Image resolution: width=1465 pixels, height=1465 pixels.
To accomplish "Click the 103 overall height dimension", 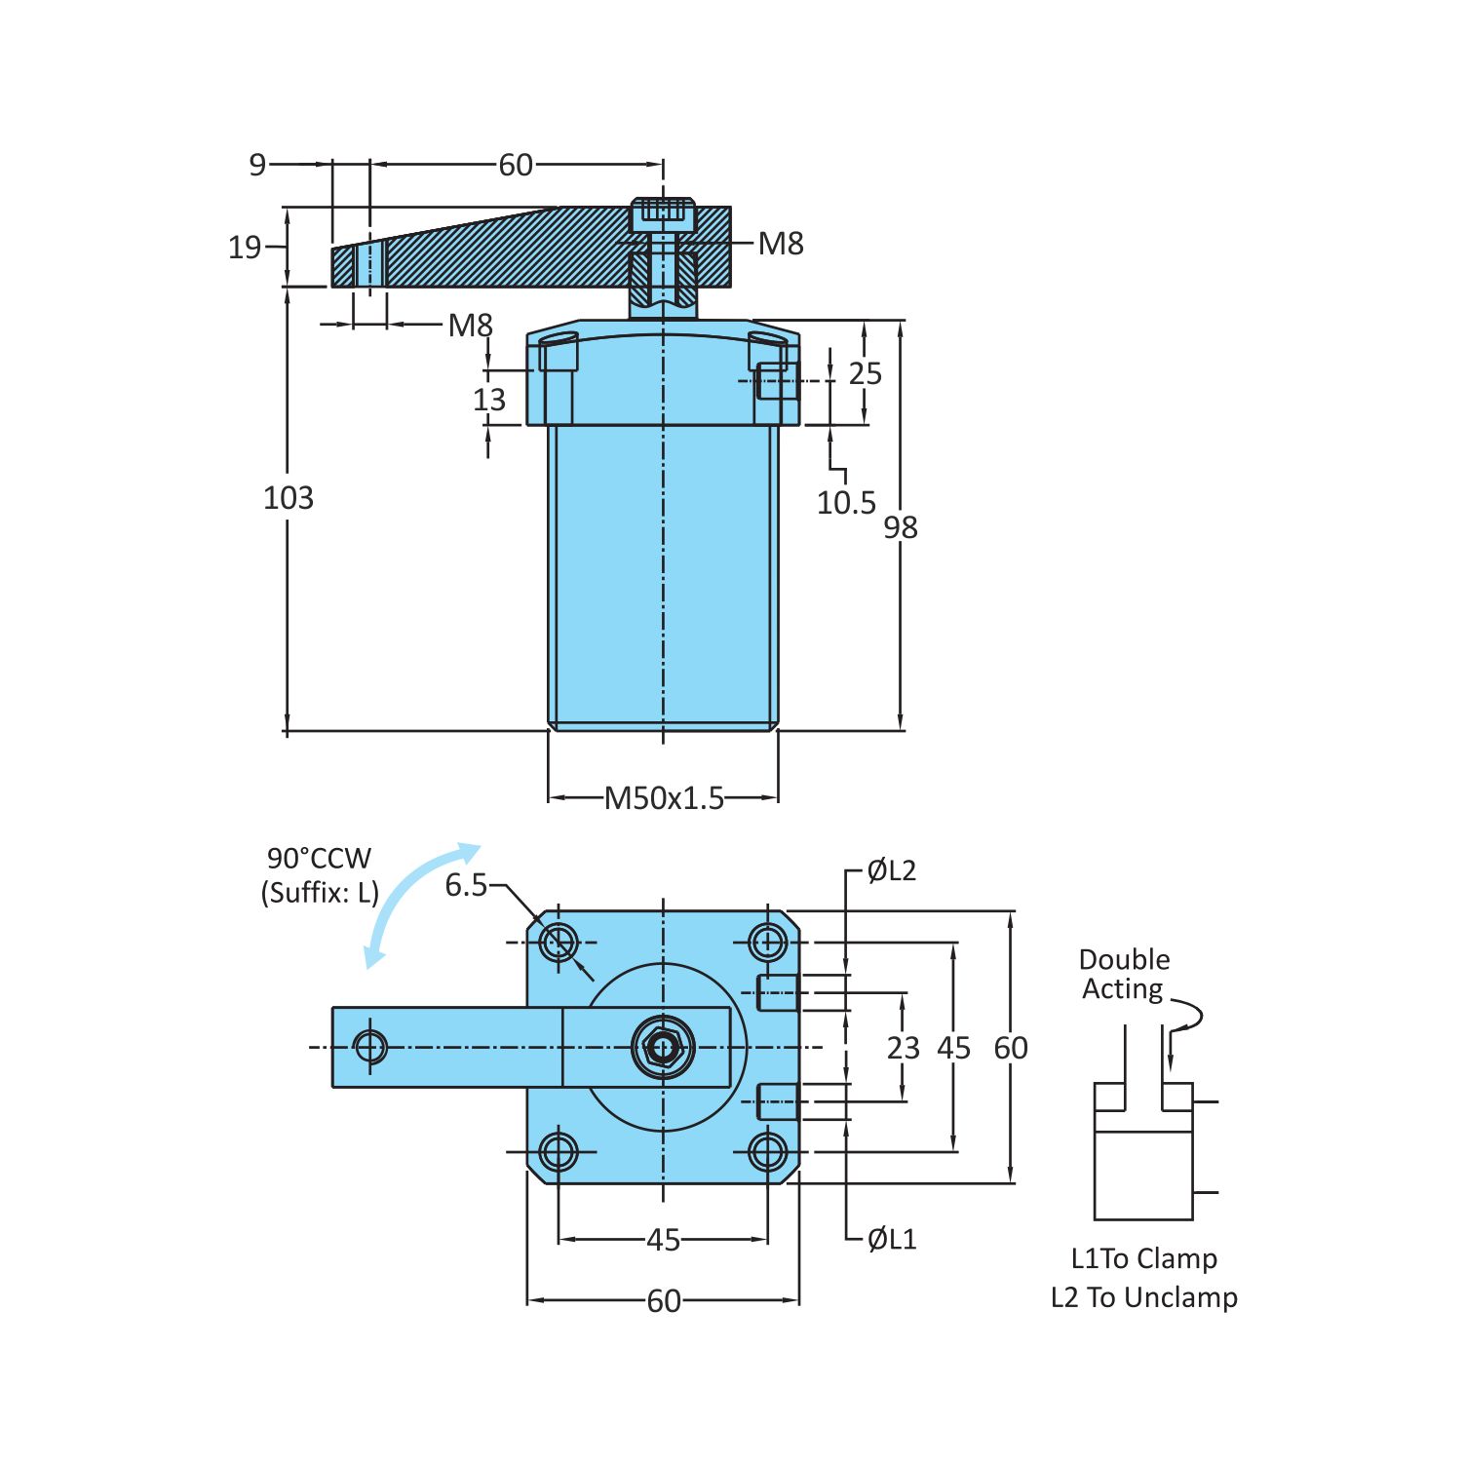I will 289,498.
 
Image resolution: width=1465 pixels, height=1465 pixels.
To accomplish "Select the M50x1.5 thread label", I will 664,798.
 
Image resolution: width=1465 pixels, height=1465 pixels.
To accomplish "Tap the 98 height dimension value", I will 901,527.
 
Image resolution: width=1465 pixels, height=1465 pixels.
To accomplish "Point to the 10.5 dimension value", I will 846,503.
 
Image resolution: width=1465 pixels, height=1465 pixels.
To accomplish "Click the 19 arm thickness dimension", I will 245,248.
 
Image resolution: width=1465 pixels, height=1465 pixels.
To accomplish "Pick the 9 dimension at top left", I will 257,165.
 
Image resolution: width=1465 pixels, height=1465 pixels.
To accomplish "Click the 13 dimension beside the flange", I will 489,400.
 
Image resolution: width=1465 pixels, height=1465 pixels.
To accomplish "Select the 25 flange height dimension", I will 865,373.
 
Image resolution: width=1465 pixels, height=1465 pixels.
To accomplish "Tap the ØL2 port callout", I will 892,870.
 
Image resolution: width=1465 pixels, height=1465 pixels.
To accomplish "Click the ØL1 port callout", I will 892,1239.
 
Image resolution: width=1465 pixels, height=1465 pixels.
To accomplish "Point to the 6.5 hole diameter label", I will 466,885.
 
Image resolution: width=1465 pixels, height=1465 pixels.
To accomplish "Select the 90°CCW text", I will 319,859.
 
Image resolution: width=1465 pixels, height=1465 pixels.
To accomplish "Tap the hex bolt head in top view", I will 664,1048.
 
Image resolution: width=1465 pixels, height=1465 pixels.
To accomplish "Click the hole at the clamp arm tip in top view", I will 370,1047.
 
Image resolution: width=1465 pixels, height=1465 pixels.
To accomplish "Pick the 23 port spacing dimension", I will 903,1048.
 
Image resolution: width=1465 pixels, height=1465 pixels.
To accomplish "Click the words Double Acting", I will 1124,974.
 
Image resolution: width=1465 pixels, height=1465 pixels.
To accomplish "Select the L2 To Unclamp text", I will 1143,1297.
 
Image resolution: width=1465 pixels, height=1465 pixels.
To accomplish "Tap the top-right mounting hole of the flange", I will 768,943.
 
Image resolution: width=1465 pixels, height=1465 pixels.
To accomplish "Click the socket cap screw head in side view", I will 664,213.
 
